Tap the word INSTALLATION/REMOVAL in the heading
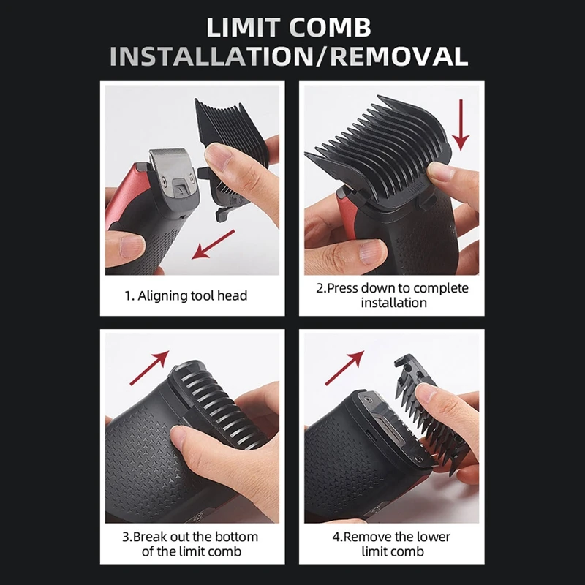coord(292,56)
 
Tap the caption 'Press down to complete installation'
coord(393,295)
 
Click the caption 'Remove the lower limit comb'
coord(392,543)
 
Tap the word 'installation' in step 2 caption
coord(393,302)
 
